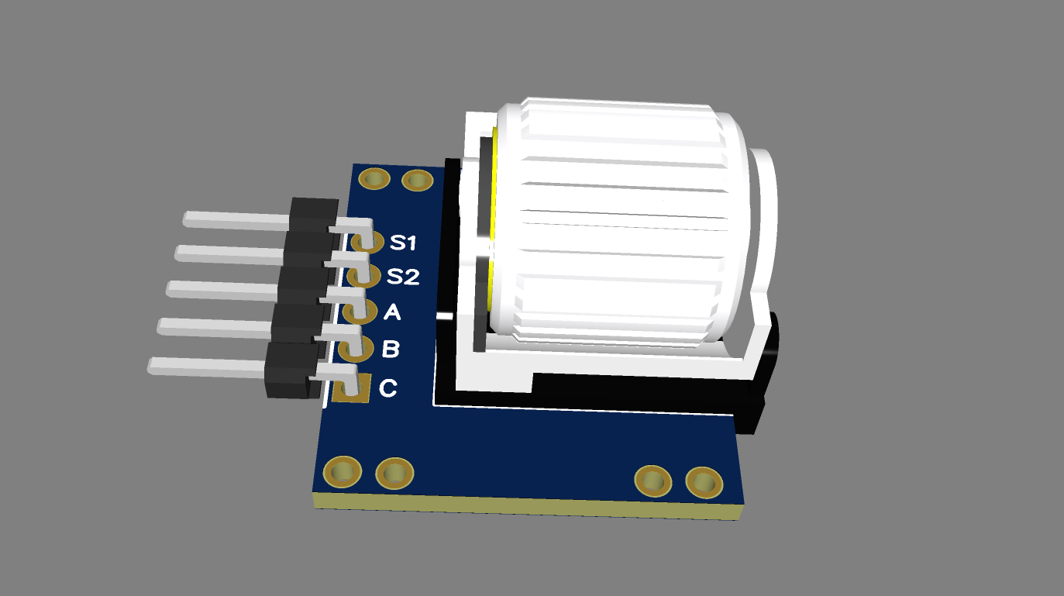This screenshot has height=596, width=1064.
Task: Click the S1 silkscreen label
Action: [x=403, y=243]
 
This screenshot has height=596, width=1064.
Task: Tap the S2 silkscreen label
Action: [x=403, y=276]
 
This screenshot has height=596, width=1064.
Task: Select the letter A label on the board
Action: [x=392, y=312]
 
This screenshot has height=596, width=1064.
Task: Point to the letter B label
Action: [x=391, y=350]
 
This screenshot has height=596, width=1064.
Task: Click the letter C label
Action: [x=387, y=388]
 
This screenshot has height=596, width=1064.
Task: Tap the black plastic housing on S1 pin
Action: [x=314, y=214]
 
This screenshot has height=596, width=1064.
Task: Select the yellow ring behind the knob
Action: [x=493, y=233]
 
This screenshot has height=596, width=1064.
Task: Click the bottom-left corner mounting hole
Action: [x=341, y=471]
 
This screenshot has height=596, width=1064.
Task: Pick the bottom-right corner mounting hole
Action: [x=704, y=484]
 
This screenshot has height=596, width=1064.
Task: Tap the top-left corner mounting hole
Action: [x=376, y=179]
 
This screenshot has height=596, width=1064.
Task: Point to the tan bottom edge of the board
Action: [x=527, y=505]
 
